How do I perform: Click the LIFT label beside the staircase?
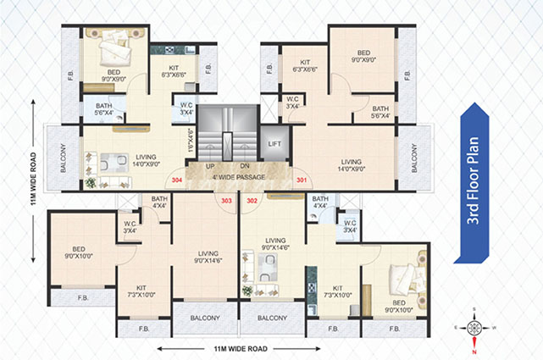click(274, 144)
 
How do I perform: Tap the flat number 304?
click(177, 180)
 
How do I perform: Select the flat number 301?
click(302, 180)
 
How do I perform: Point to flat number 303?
click(226, 201)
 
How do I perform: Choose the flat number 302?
click(252, 201)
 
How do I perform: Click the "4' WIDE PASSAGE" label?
click(238, 177)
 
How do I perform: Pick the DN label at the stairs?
click(244, 166)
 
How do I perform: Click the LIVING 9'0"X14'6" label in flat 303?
click(204, 256)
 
